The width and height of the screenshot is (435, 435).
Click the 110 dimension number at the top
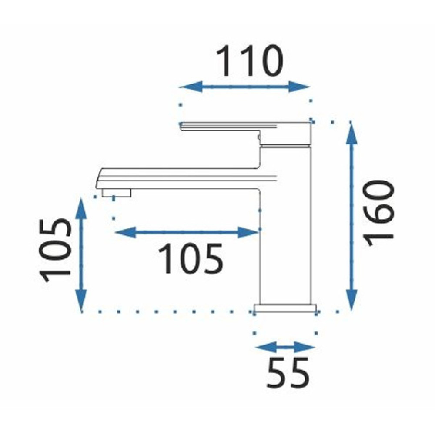click(249, 61)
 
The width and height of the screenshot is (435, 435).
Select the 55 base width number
click(288, 373)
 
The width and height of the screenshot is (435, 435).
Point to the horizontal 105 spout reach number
click(191, 258)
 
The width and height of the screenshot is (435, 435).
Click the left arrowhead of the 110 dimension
click(191, 87)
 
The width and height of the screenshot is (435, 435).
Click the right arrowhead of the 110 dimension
click(298, 87)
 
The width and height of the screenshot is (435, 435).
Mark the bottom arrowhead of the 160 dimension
click(351, 300)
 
